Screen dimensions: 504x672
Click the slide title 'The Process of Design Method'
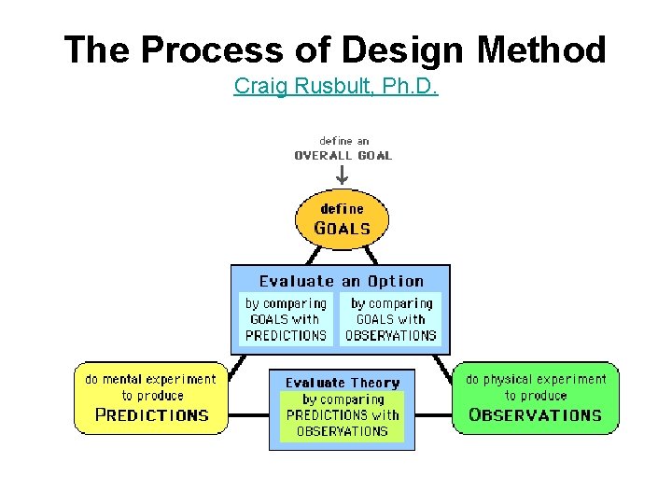click(x=335, y=49)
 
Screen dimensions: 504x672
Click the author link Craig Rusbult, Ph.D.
click(x=336, y=87)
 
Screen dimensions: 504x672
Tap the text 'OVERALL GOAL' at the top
click(x=343, y=156)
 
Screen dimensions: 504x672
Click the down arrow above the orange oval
click(x=342, y=174)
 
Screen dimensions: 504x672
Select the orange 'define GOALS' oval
click(x=342, y=218)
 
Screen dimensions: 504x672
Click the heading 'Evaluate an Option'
click(x=341, y=281)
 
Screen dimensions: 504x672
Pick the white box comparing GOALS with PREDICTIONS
click(x=286, y=319)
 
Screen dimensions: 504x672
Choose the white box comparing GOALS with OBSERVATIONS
click(x=391, y=319)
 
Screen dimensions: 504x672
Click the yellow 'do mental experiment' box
click(x=150, y=398)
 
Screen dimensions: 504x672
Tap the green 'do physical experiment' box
click(x=536, y=398)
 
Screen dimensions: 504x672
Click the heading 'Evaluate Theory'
click(x=342, y=383)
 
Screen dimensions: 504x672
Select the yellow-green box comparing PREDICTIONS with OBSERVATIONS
click(x=342, y=416)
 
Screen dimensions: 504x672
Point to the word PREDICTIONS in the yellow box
click(x=151, y=415)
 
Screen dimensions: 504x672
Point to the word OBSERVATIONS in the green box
click(x=536, y=415)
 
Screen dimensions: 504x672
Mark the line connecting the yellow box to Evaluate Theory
click(x=248, y=414)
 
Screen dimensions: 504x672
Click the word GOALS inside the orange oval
click(x=342, y=229)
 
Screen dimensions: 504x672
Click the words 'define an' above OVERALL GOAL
click(x=343, y=142)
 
